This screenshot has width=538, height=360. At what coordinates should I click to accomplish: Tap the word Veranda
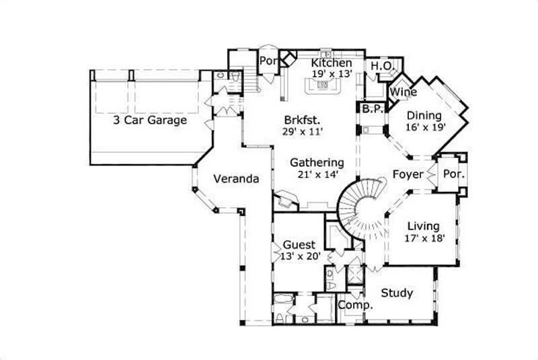(x=236, y=179)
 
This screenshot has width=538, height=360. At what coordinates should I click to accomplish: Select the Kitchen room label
(x=332, y=63)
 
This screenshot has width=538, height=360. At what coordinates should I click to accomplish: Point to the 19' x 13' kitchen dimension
(x=332, y=75)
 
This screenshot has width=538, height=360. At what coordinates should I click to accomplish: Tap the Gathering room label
(x=317, y=163)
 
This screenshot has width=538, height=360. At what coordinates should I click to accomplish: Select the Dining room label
(x=423, y=114)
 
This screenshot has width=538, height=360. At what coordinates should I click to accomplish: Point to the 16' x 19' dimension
(x=426, y=127)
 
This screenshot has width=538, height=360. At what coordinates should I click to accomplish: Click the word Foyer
(x=408, y=175)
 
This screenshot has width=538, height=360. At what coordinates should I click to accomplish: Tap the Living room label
(x=424, y=226)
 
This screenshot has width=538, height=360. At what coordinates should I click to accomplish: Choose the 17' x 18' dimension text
(x=424, y=238)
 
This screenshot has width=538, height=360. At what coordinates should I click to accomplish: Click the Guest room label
(x=297, y=244)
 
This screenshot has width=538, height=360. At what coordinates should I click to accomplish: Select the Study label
(x=397, y=293)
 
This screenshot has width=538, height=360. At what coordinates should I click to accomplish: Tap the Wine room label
(x=401, y=92)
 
